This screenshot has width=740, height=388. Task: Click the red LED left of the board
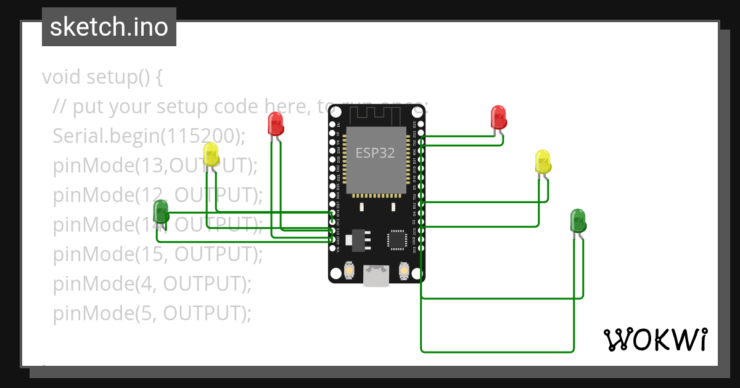(x=275, y=123)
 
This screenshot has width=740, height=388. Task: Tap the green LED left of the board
(x=160, y=212)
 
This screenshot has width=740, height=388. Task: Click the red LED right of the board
(x=498, y=118)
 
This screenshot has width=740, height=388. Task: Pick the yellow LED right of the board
(x=543, y=161)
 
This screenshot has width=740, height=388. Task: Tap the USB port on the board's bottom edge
(x=376, y=276)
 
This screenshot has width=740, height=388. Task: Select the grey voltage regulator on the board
(x=357, y=240)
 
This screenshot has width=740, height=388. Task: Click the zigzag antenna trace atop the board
(x=376, y=113)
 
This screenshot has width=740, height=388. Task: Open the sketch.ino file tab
(x=109, y=27)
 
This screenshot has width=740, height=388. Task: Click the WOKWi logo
(x=655, y=339)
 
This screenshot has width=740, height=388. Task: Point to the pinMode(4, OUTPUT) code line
(x=152, y=284)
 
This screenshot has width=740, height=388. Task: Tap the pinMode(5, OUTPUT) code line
(x=152, y=313)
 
